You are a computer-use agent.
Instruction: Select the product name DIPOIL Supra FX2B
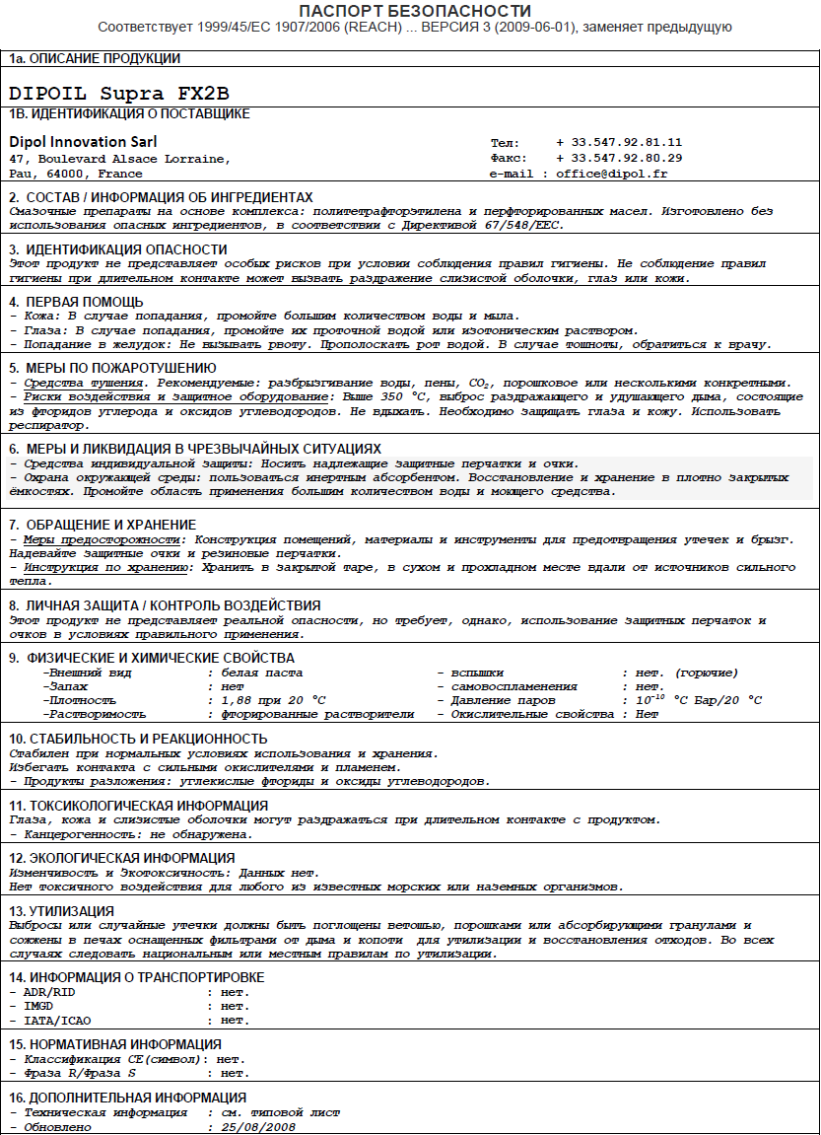coord(118,93)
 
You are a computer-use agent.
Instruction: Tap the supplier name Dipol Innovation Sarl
coord(83,142)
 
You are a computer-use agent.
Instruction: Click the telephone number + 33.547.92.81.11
coord(619,142)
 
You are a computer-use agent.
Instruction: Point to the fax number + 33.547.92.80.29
coord(619,158)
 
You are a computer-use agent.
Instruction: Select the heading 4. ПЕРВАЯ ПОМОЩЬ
coord(77,302)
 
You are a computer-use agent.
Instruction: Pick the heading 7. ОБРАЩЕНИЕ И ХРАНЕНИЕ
coord(103,525)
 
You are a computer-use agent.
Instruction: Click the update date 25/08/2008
coord(258,1126)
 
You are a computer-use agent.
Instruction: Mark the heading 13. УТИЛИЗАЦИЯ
coord(62,910)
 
